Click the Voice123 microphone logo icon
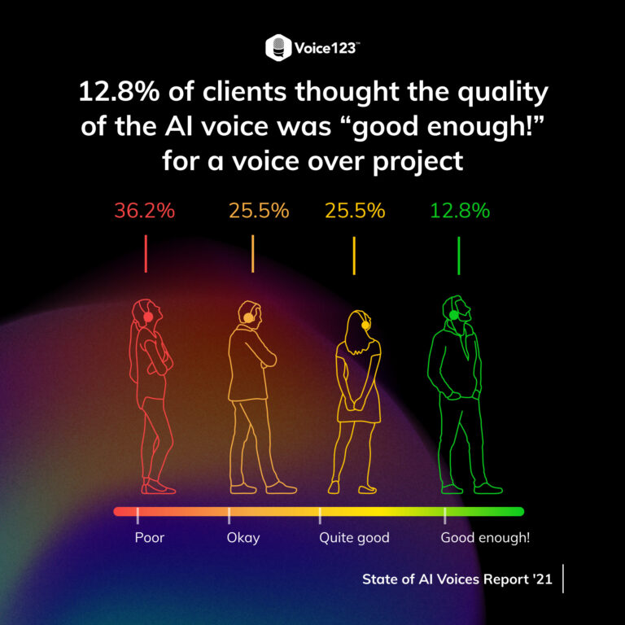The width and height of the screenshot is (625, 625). [x=278, y=48]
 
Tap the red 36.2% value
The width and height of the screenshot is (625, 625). [x=144, y=211]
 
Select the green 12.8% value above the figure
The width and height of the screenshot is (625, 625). [x=460, y=211]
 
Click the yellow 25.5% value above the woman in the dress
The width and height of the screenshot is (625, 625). [x=355, y=211]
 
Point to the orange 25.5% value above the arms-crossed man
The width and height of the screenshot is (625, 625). [x=258, y=211]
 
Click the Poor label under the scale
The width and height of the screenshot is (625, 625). [x=150, y=538]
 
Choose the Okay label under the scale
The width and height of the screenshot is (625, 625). [x=243, y=538]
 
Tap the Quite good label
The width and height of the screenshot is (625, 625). [x=354, y=538]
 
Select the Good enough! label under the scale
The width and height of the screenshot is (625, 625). [x=485, y=538]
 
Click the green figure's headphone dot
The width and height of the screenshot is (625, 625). [x=454, y=315]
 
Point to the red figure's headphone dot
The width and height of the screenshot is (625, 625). [x=147, y=317]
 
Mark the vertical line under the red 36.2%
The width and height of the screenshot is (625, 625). [x=146, y=254]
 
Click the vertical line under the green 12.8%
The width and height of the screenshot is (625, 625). [x=458, y=256]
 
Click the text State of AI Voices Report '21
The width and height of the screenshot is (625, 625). [x=457, y=579]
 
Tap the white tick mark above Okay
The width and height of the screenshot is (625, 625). [x=229, y=514]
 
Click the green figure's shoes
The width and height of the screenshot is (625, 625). [x=472, y=487]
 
